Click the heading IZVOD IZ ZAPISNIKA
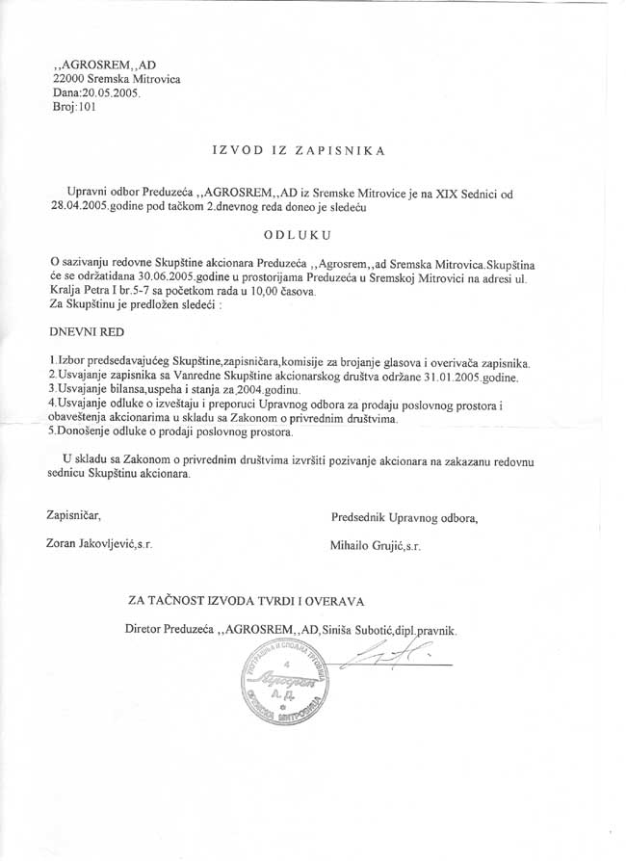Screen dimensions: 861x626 (x=298, y=151)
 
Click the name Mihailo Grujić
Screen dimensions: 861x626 (x=368, y=545)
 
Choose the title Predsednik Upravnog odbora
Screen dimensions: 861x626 (x=404, y=517)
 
